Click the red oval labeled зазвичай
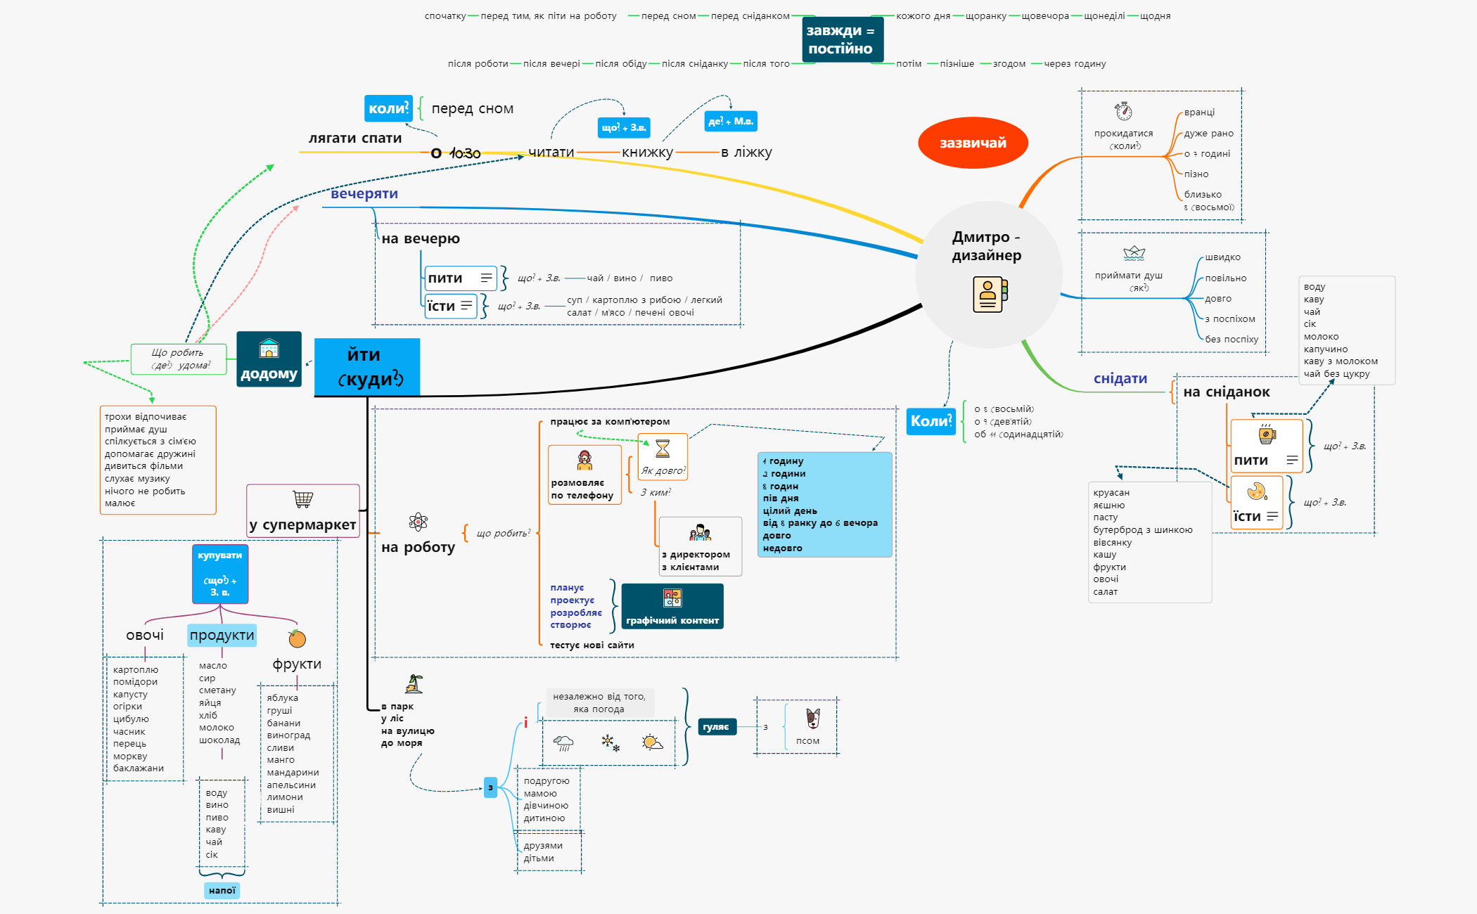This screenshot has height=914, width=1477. [973, 143]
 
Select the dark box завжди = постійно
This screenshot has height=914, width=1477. [841, 39]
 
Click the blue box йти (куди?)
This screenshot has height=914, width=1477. [366, 366]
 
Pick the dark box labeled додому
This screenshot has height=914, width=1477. [269, 359]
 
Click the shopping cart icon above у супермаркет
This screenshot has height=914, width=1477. [303, 499]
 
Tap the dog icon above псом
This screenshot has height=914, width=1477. [812, 718]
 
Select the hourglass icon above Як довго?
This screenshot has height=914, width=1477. [663, 449]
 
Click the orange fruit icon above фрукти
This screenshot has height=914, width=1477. [297, 638]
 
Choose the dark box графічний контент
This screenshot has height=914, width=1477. [672, 606]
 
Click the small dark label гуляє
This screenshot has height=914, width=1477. [716, 727]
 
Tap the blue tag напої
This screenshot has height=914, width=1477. [222, 890]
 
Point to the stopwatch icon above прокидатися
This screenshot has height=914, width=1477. [1123, 111]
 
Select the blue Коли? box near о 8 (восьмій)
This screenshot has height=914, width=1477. [931, 421]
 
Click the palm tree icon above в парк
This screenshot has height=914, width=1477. [414, 683]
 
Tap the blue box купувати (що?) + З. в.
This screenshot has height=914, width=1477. [220, 574]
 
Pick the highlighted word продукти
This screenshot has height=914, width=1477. [222, 635]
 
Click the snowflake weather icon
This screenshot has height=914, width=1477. [609, 742]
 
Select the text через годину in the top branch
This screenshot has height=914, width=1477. [1075, 63]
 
